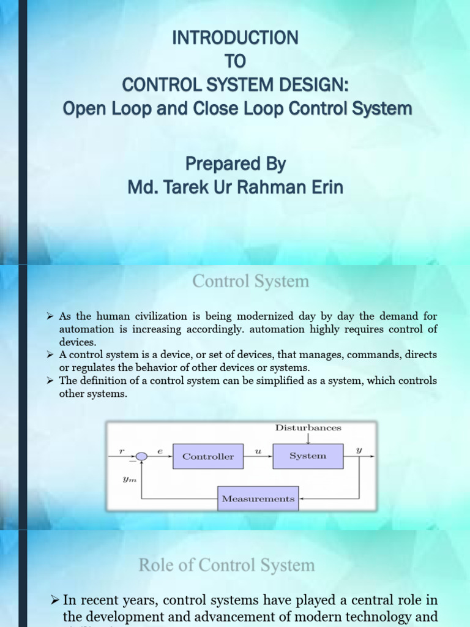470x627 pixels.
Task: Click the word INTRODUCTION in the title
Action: click(x=236, y=38)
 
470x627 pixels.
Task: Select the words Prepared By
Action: click(x=236, y=165)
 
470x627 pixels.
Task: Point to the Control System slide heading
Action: click(x=250, y=282)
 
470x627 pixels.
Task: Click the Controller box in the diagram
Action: click(x=208, y=456)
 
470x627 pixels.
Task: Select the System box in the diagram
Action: click(x=308, y=456)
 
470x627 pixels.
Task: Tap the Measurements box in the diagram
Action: click(x=258, y=499)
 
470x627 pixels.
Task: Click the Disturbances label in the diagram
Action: click(x=308, y=428)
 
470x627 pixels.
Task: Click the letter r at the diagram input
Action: click(x=122, y=451)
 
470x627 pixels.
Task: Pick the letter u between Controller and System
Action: click(x=258, y=450)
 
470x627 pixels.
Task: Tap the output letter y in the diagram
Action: click(x=359, y=450)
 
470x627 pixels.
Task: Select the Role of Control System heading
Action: click(x=226, y=565)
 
